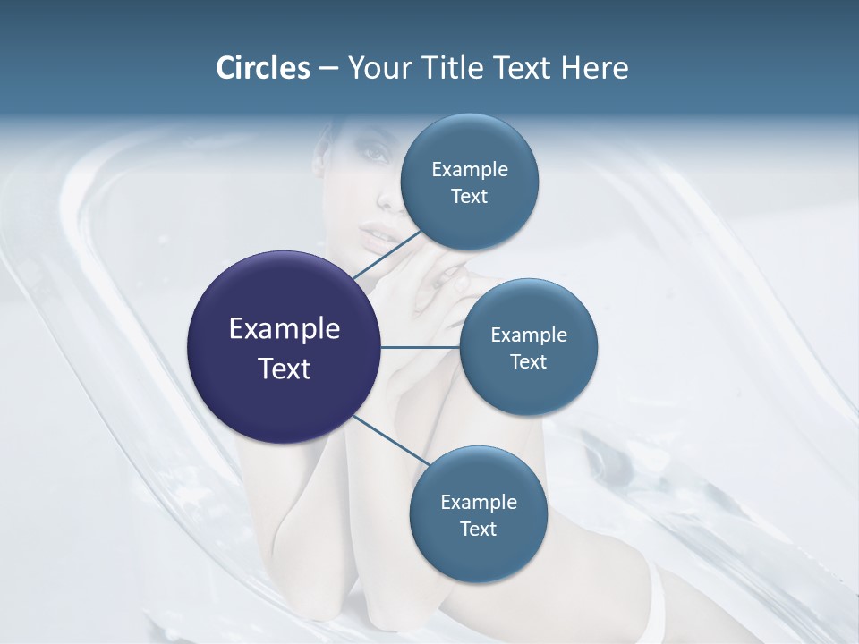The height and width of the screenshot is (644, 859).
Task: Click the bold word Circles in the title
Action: pos(262,68)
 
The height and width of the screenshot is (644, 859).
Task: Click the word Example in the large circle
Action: pos(285,329)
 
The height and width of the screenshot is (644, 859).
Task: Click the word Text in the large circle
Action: pos(285,369)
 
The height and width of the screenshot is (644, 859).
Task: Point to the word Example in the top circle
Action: pos(469,170)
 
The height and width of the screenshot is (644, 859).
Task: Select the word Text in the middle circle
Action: pos(528,361)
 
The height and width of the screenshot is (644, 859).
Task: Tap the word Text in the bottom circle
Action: pos(478,529)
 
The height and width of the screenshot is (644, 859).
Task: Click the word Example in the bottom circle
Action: pos(478,503)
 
